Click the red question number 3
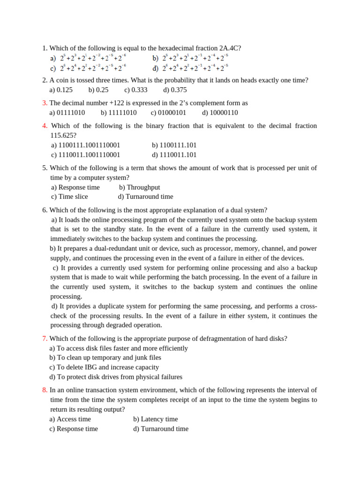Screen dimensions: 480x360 [x=44, y=103]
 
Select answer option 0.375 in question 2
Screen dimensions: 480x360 [x=175, y=90]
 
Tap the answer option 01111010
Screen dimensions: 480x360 [x=67, y=112]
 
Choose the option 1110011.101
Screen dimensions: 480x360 [x=174, y=155]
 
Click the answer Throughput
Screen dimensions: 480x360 [x=140, y=187]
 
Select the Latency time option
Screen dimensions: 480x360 [x=156, y=419]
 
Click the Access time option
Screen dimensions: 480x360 [x=70, y=419]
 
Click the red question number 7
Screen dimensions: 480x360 [x=44, y=339]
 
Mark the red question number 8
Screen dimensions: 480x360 [x=44, y=390]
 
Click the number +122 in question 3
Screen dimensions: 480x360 [x=107, y=103]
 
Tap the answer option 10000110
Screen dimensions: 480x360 [x=220, y=112]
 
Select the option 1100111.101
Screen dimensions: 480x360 [x=174, y=145]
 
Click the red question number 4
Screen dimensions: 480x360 [x=45, y=126]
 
